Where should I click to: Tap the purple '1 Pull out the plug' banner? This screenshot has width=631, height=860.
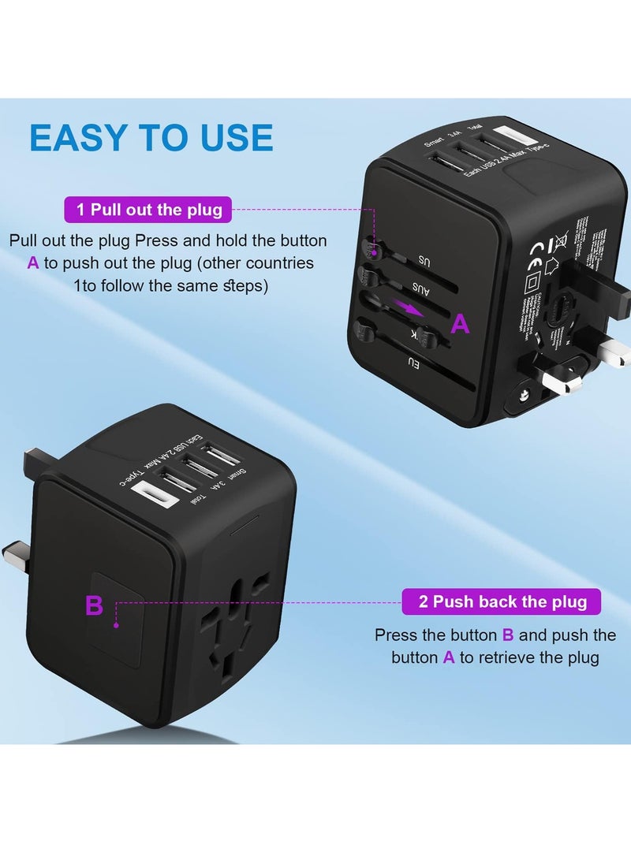pyautogui.click(x=149, y=210)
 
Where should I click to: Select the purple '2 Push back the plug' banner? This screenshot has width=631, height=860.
pyautogui.click(x=502, y=602)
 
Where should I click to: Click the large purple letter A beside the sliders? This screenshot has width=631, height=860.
pyautogui.click(x=459, y=322)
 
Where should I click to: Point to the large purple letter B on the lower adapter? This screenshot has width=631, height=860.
pyautogui.click(x=94, y=606)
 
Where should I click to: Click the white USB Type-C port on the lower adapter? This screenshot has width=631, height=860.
pyautogui.click(x=150, y=494)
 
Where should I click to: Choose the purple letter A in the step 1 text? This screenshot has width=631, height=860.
pyautogui.click(x=32, y=263)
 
